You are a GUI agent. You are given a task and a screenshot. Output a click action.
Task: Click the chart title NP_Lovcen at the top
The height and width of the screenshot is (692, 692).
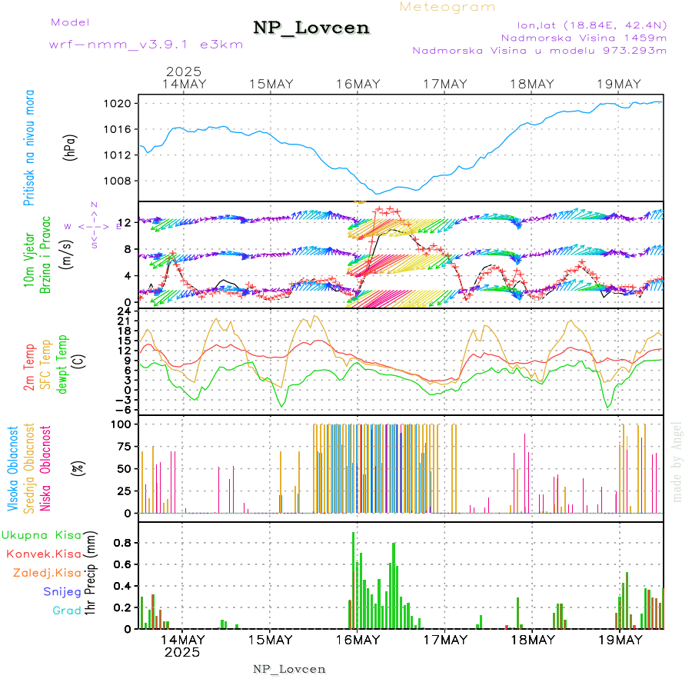pos(311,28)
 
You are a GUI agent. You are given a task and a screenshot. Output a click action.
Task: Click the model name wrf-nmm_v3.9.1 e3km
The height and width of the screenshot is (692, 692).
pos(146,45)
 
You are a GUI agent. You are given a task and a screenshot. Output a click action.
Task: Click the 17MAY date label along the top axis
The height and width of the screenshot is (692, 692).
pos(445,84)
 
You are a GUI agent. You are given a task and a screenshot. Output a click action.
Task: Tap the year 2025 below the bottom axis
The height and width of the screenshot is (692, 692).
pos(182,652)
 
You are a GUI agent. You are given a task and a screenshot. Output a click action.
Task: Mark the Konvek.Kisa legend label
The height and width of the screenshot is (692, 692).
pos(43,554)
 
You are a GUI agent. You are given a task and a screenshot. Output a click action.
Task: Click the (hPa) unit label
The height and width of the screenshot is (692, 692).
pos(71,147)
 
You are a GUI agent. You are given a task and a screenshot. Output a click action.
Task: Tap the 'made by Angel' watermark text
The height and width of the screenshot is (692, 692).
pos(677,461)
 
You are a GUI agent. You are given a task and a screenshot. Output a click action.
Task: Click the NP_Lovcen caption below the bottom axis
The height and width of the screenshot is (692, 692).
pos(289,669)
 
